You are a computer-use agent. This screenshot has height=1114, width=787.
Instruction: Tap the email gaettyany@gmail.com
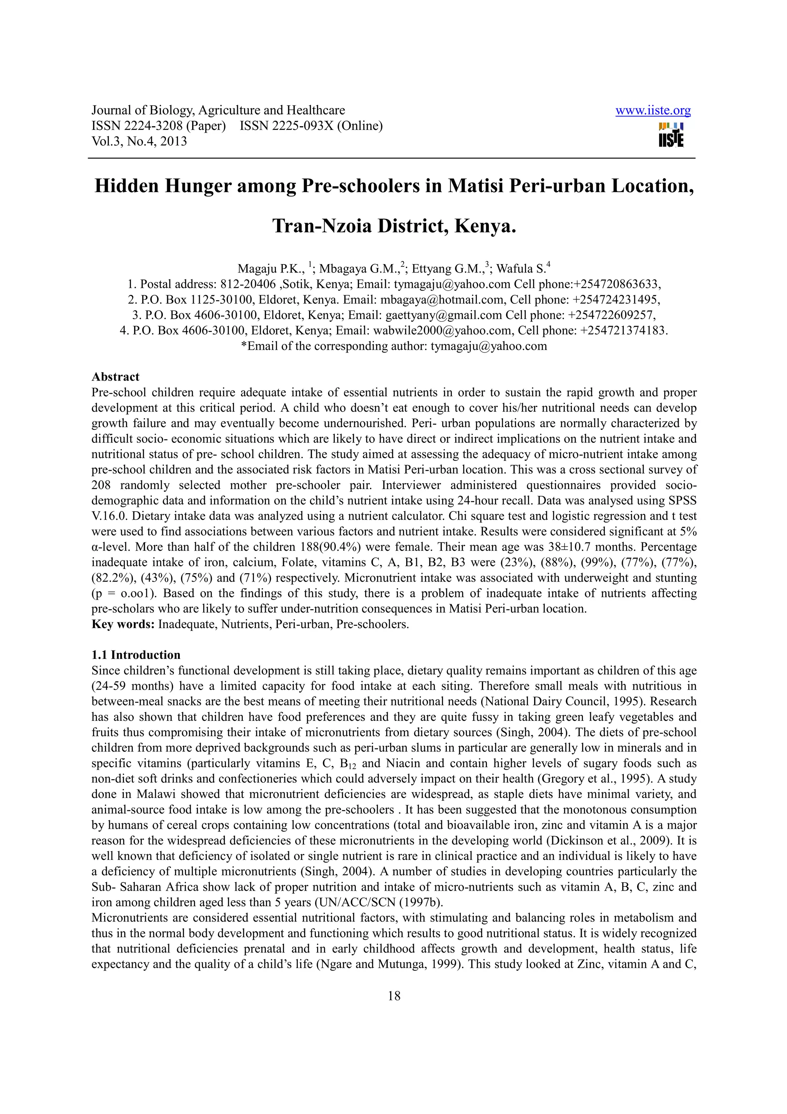click(x=443, y=315)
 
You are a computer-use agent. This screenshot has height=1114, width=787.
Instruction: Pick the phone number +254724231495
click(x=616, y=300)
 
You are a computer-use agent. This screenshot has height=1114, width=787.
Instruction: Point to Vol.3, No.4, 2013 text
click(x=139, y=142)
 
